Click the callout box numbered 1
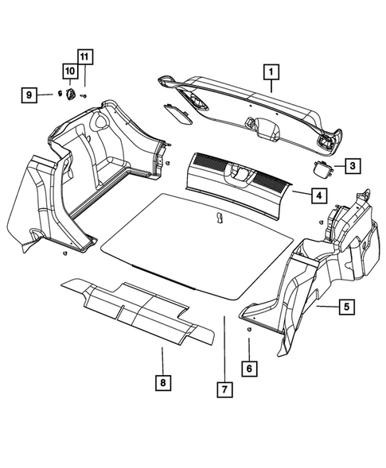coord(272,73)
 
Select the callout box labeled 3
coord(352,166)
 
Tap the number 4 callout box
coord(317,195)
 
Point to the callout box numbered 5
coord(345,305)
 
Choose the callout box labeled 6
coord(249,368)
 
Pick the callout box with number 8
coord(162,383)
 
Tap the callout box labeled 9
coord(29,95)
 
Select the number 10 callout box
coord(69,72)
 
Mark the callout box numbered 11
coord(84,56)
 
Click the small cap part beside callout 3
coord(323,167)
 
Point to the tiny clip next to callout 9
coord(58,94)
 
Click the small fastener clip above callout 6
coord(249,328)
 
